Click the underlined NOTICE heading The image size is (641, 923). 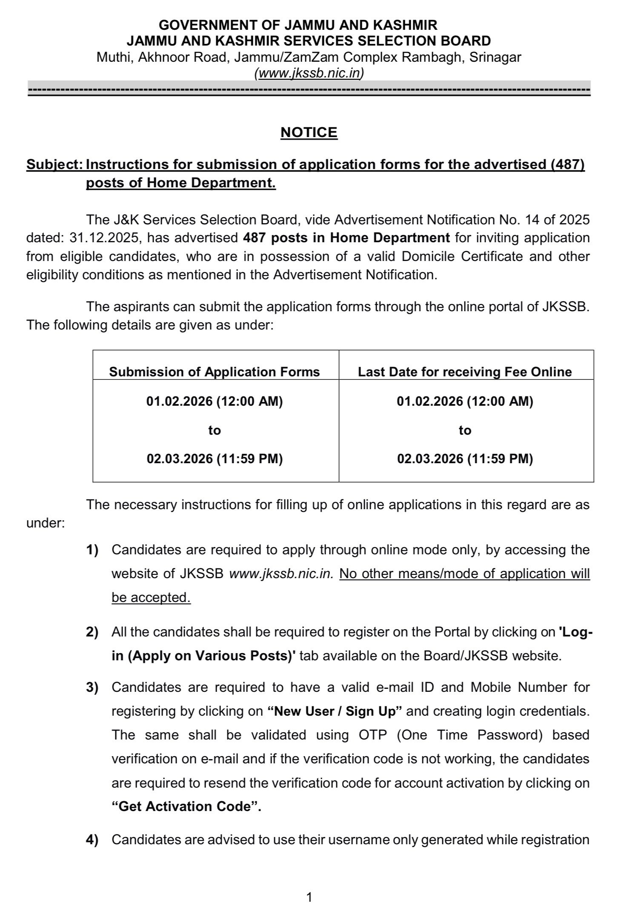click(x=309, y=132)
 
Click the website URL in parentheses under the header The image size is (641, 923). click(x=309, y=73)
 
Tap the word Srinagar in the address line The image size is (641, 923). click(x=495, y=57)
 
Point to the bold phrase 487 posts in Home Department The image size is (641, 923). click(x=346, y=238)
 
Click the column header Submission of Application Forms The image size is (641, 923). click(x=215, y=372)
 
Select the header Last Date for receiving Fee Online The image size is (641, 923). click(x=465, y=372)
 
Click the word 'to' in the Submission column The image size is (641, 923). click(x=215, y=430)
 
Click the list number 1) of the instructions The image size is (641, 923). click(x=92, y=550)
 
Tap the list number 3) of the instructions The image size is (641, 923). click(x=92, y=688)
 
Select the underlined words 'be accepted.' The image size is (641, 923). click(x=151, y=597)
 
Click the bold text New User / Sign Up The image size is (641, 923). click(x=335, y=711)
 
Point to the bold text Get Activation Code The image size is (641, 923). click(x=186, y=807)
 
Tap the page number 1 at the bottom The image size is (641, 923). click(x=309, y=897)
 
